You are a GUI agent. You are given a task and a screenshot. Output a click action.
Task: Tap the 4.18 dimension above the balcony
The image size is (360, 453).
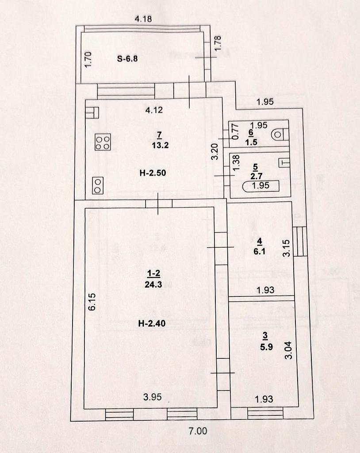point(143,19)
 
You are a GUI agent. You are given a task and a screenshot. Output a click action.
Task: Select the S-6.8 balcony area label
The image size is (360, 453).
point(127,58)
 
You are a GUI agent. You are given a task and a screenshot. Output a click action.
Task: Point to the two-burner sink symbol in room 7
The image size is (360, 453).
point(98,185)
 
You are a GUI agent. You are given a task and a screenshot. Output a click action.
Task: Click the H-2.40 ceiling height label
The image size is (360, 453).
point(152,323)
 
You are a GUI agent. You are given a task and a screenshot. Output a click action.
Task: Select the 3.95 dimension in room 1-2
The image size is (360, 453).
point(152,397)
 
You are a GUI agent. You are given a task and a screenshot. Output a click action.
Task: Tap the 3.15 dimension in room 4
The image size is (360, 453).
point(287,248)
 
